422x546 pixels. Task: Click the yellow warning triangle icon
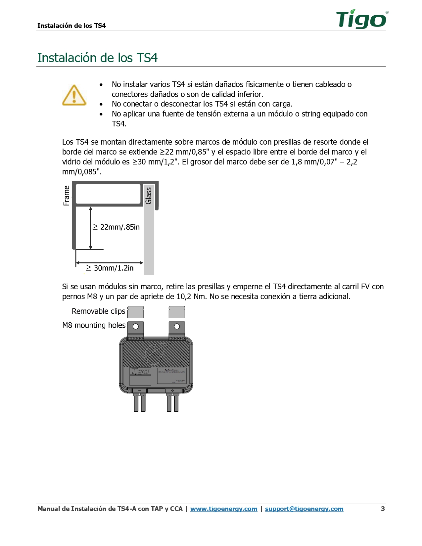(74, 95)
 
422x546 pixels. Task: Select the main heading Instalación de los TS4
(97, 58)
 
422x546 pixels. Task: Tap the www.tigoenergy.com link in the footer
(224, 509)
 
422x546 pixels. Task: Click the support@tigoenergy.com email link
(304, 509)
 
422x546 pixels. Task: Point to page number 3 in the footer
(383, 509)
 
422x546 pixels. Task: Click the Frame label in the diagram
(67, 196)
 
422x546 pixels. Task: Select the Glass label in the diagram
(149, 196)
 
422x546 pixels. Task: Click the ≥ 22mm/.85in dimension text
(116, 227)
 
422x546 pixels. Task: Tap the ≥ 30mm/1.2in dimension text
(110, 268)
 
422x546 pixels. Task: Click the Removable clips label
(98, 311)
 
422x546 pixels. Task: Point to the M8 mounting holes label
(94, 325)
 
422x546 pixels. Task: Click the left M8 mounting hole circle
(136, 327)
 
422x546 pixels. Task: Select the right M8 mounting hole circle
(177, 327)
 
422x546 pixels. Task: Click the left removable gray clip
(136, 312)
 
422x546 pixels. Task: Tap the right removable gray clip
(177, 312)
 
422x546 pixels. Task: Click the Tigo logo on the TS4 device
(140, 371)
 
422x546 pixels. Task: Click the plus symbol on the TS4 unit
(172, 391)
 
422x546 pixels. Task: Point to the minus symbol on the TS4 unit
(140, 391)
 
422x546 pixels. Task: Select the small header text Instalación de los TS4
(71, 25)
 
